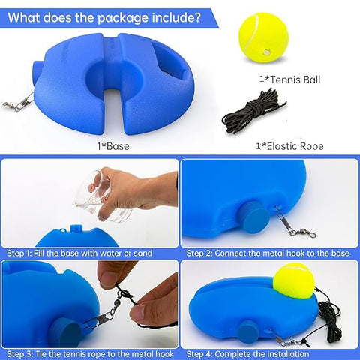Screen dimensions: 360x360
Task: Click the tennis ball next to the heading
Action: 264,37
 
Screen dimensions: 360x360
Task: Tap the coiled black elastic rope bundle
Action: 253,112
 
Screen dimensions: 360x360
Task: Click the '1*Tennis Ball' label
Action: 289,79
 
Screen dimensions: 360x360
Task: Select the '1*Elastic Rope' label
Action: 289,146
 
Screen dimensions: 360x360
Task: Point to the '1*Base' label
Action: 113,146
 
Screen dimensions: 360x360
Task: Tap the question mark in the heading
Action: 197,17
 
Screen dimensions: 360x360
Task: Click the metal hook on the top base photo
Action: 19,102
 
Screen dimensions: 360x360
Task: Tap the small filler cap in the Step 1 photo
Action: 75,229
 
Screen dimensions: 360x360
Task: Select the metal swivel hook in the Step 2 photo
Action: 295,223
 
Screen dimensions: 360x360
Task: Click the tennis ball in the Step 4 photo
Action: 294,280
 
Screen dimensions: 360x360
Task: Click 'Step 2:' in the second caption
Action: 199,253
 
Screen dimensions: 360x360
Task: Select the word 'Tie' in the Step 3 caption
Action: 40,354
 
